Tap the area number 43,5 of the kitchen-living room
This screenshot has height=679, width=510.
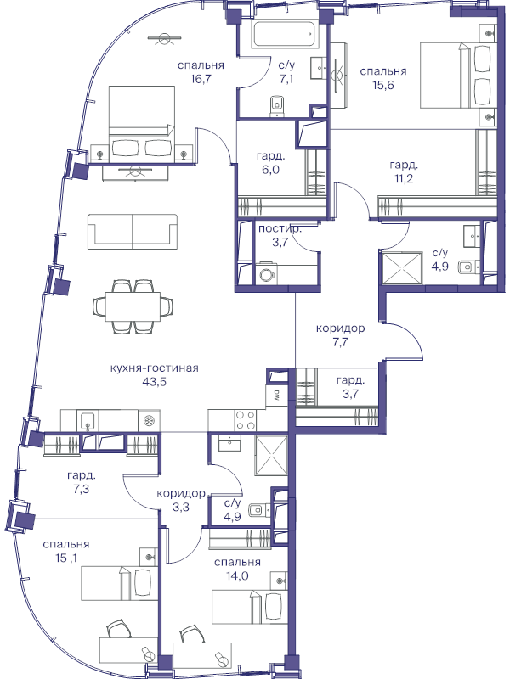(x=154, y=382)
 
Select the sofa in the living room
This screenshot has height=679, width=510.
(x=133, y=231)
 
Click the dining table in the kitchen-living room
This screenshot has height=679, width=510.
(x=133, y=306)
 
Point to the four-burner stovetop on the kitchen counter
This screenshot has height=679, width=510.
(x=246, y=420)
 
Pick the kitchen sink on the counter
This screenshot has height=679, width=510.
(x=88, y=421)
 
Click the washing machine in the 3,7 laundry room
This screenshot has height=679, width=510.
(x=265, y=274)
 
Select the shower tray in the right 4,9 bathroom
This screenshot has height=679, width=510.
(x=401, y=268)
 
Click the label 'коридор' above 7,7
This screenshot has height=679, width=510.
(x=341, y=328)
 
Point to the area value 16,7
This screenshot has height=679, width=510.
(x=201, y=79)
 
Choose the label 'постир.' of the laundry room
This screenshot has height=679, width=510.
(x=280, y=229)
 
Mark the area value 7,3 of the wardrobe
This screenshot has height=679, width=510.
(x=81, y=490)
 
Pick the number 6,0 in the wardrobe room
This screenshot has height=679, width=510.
(x=270, y=170)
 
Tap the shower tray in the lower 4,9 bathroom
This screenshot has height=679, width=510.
(x=271, y=456)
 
